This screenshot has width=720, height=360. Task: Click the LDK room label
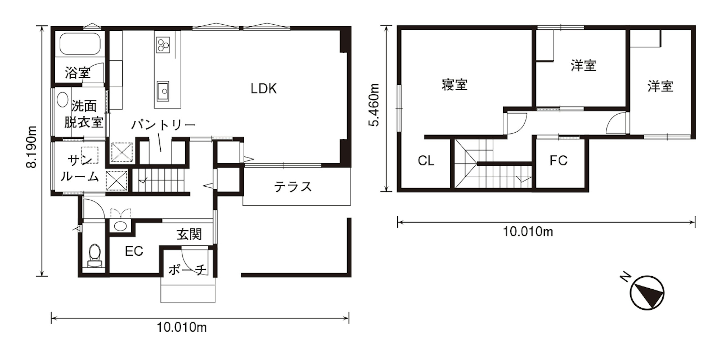coord(264,89)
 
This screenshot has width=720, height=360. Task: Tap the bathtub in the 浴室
coord(80,44)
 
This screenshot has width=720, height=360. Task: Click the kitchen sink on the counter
coord(163,91)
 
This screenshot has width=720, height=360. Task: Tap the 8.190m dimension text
coord(31,147)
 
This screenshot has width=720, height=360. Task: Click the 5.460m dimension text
coord(374,105)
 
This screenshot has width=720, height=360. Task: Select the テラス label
coord(293,187)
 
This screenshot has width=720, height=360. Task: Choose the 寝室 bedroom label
coord(455,85)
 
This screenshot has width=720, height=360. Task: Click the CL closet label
coord(426,161)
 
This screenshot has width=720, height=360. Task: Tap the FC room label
coord(559,160)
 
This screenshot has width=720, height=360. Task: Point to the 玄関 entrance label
coord(189,234)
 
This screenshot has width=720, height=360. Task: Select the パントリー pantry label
coord(163,125)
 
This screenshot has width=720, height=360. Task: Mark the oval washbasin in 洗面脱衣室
coord(62,99)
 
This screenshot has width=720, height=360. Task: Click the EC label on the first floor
coord(134,251)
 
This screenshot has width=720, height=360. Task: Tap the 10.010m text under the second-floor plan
coord(528,232)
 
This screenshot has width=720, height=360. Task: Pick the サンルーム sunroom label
coord(80,168)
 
